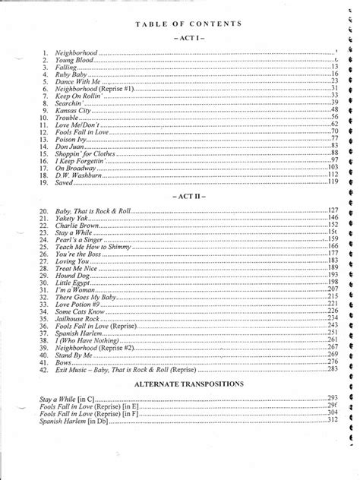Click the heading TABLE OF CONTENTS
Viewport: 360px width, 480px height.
(189, 24)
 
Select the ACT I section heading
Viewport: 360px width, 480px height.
(189, 38)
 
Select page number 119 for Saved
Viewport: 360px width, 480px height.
(333, 181)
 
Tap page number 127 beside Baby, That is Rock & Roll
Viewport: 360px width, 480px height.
(333, 210)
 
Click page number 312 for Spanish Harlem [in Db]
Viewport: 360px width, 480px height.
(333, 419)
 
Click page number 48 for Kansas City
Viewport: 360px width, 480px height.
(335, 109)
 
